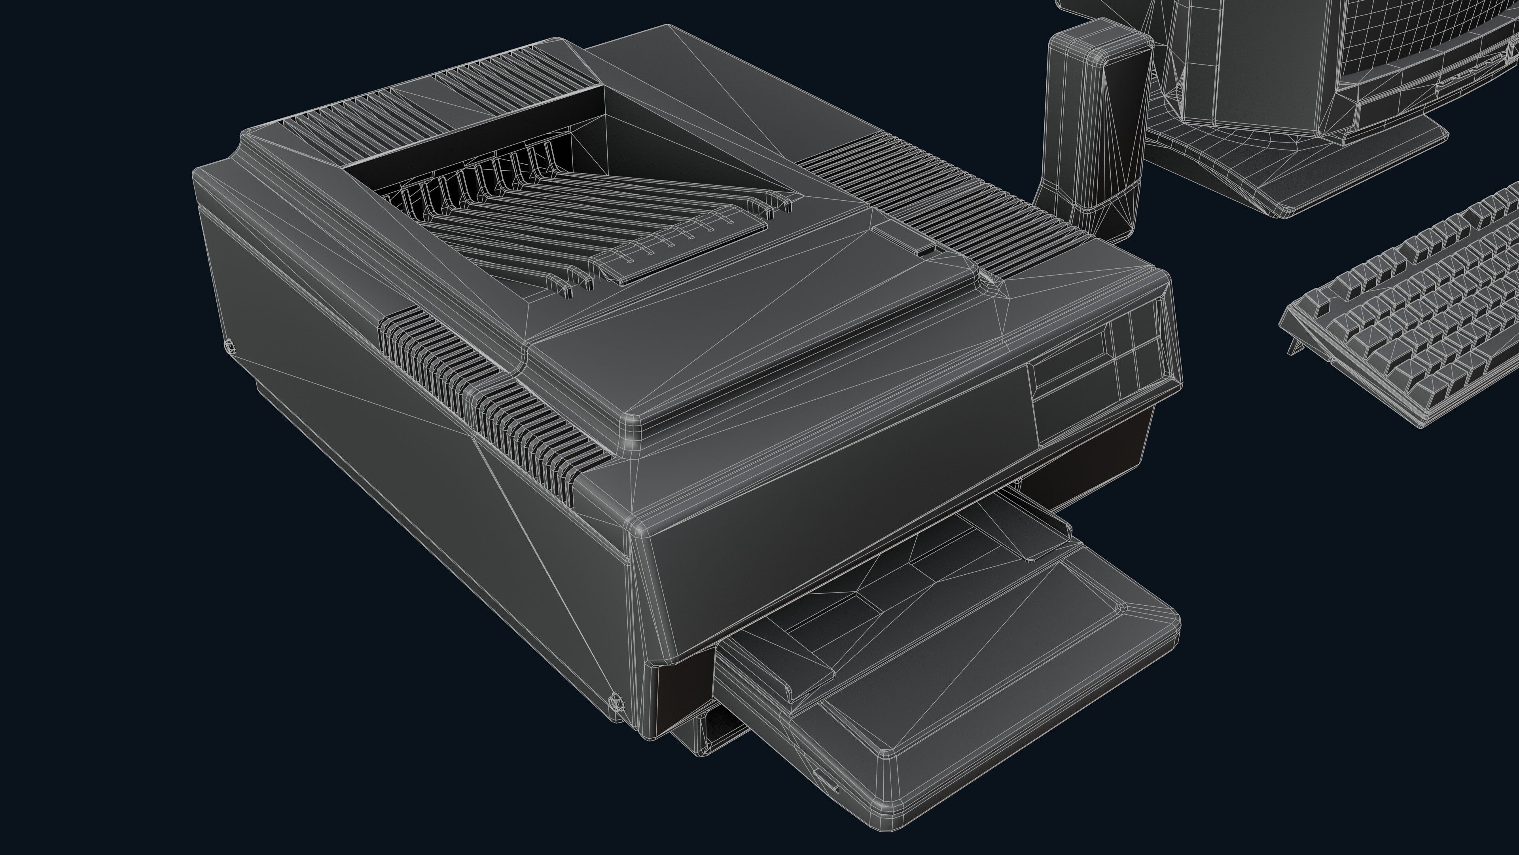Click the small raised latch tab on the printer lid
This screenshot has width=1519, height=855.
click(x=926, y=250)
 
